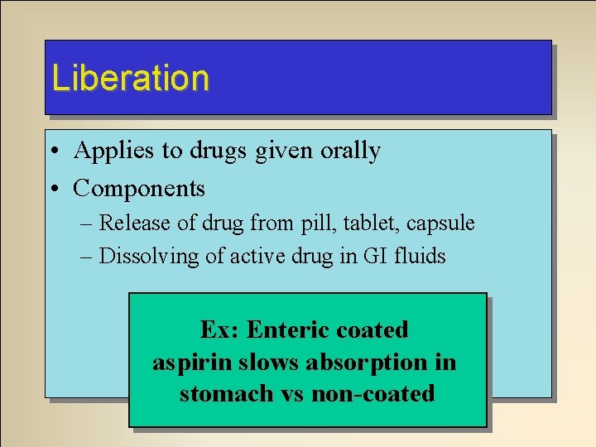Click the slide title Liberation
pyautogui.click(x=130, y=78)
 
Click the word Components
pyautogui.click(x=139, y=189)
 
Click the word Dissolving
pyautogui.click(x=143, y=257)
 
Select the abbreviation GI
pyautogui.click(x=373, y=257)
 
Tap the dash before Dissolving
pyautogui.click(x=89, y=257)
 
